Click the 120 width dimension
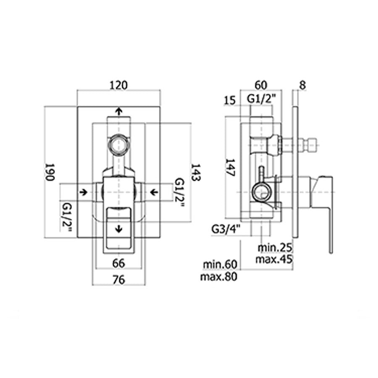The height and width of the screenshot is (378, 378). click(118, 85)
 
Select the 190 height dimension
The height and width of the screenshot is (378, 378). click(50, 172)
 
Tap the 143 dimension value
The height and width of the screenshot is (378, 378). click(196, 172)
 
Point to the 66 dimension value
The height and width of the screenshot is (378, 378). click(118, 263)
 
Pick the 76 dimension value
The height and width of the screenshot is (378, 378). click(118, 280)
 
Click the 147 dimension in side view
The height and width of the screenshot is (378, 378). click(230, 168)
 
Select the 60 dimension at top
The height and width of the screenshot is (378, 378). click(261, 85)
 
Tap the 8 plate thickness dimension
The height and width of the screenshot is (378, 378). click(302, 85)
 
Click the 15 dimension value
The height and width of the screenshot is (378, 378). click(229, 100)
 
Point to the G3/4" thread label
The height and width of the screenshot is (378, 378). click(226, 229)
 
